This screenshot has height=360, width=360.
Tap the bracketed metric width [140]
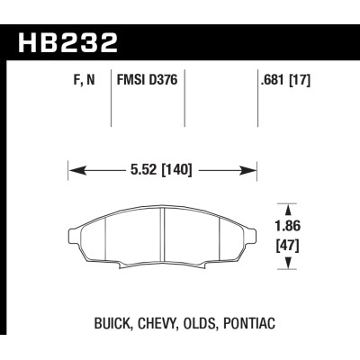pyautogui.click(x=176, y=167)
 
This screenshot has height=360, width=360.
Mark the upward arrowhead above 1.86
pyautogui.click(x=288, y=207)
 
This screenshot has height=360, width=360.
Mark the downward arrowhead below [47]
pyautogui.click(x=288, y=264)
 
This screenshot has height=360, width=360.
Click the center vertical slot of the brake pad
pyautogui.click(x=162, y=238)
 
